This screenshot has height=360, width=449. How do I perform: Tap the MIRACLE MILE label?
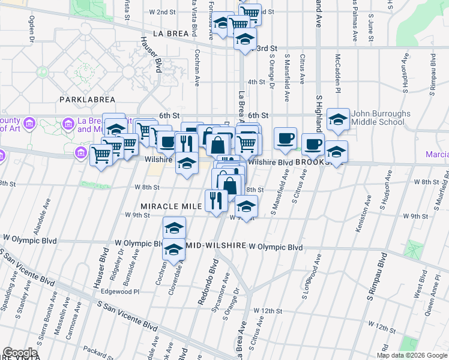(x=172, y=206)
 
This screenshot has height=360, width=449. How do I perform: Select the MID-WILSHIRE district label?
(x=215, y=247)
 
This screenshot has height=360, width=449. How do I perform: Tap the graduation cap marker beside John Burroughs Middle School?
(x=339, y=119)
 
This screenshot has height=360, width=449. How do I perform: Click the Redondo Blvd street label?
(x=211, y=279)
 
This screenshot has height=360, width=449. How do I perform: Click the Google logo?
(x=20, y=353)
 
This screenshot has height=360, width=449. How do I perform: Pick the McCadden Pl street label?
(x=338, y=69)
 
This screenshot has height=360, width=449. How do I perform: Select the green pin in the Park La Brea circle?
(x=43, y=71)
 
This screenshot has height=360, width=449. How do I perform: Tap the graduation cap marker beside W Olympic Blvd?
(x=173, y=249)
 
